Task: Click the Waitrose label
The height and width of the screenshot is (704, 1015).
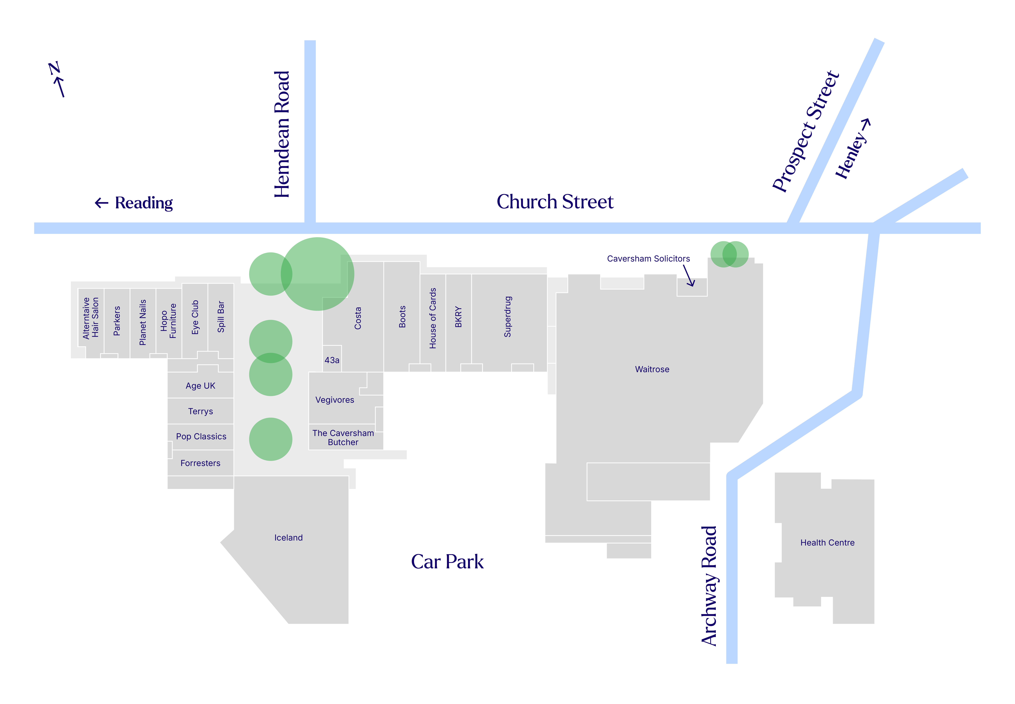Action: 652,369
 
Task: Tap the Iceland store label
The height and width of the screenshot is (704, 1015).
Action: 288,537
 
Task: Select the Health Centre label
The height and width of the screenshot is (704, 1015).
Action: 827,543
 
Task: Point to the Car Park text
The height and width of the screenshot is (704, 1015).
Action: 447,562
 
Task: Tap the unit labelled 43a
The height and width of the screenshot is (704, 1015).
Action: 332,360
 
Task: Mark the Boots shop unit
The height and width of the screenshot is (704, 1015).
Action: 402,317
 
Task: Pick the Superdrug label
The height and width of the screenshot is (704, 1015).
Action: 507,317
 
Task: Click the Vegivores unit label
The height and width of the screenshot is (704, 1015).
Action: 335,400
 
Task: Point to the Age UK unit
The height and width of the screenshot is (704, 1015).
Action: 200,386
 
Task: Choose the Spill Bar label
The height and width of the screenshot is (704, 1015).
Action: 221,317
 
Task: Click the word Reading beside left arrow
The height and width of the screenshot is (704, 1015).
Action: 144,203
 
